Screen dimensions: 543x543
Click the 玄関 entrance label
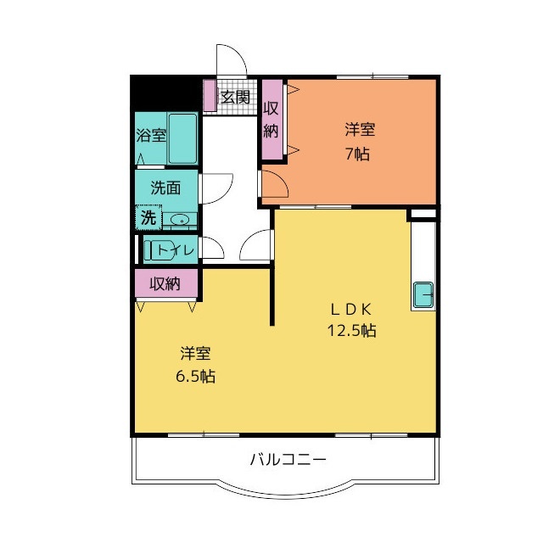[x=235, y=96]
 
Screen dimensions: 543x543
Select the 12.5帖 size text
[x=352, y=331]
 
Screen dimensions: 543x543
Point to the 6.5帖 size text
[x=196, y=376]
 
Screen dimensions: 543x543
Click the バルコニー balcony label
[x=288, y=460]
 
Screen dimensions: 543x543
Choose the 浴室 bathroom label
[x=152, y=135]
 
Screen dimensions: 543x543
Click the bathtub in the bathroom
[x=182, y=138]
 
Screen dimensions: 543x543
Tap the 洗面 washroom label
[x=165, y=188]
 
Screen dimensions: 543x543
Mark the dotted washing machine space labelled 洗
[x=148, y=218]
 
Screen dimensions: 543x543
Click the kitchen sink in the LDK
[x=423, y=294]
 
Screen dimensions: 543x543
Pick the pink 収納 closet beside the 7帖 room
[x=271, y=120]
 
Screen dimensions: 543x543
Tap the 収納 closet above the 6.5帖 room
[x=166, y=283]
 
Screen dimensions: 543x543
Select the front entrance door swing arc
[x=230, y=60]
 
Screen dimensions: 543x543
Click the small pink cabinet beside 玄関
[x=210, y=95]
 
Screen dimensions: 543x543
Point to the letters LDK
[x=351, y=309]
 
